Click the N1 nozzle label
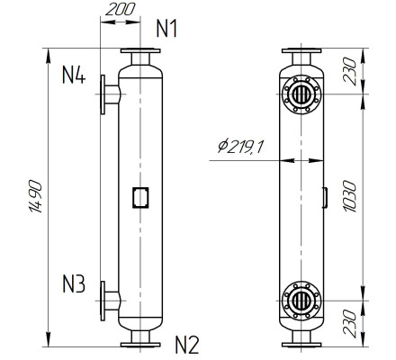pos(166,29)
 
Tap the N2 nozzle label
pos(185,343)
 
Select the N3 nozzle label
pos(74,287)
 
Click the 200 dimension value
pos(121,12)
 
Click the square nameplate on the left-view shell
pos(139,195)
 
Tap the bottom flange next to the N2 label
pos(139,342)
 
